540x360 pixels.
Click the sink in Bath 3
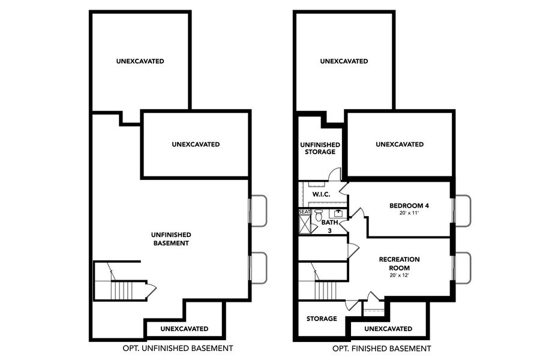(x=338, y=213)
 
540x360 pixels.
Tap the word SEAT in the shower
(x=304, y=212)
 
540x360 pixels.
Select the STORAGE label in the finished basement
(x=322, y=319)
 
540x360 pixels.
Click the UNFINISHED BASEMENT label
(x=171, y=239)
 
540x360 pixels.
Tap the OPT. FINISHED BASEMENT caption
(x=382, y=349)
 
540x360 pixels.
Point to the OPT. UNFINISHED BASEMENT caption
(x=178, y=349)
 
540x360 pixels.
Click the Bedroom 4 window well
(x=463, y=211)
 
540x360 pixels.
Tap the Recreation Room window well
(x=463, y=268)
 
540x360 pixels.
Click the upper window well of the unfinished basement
(x=259, y=211)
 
